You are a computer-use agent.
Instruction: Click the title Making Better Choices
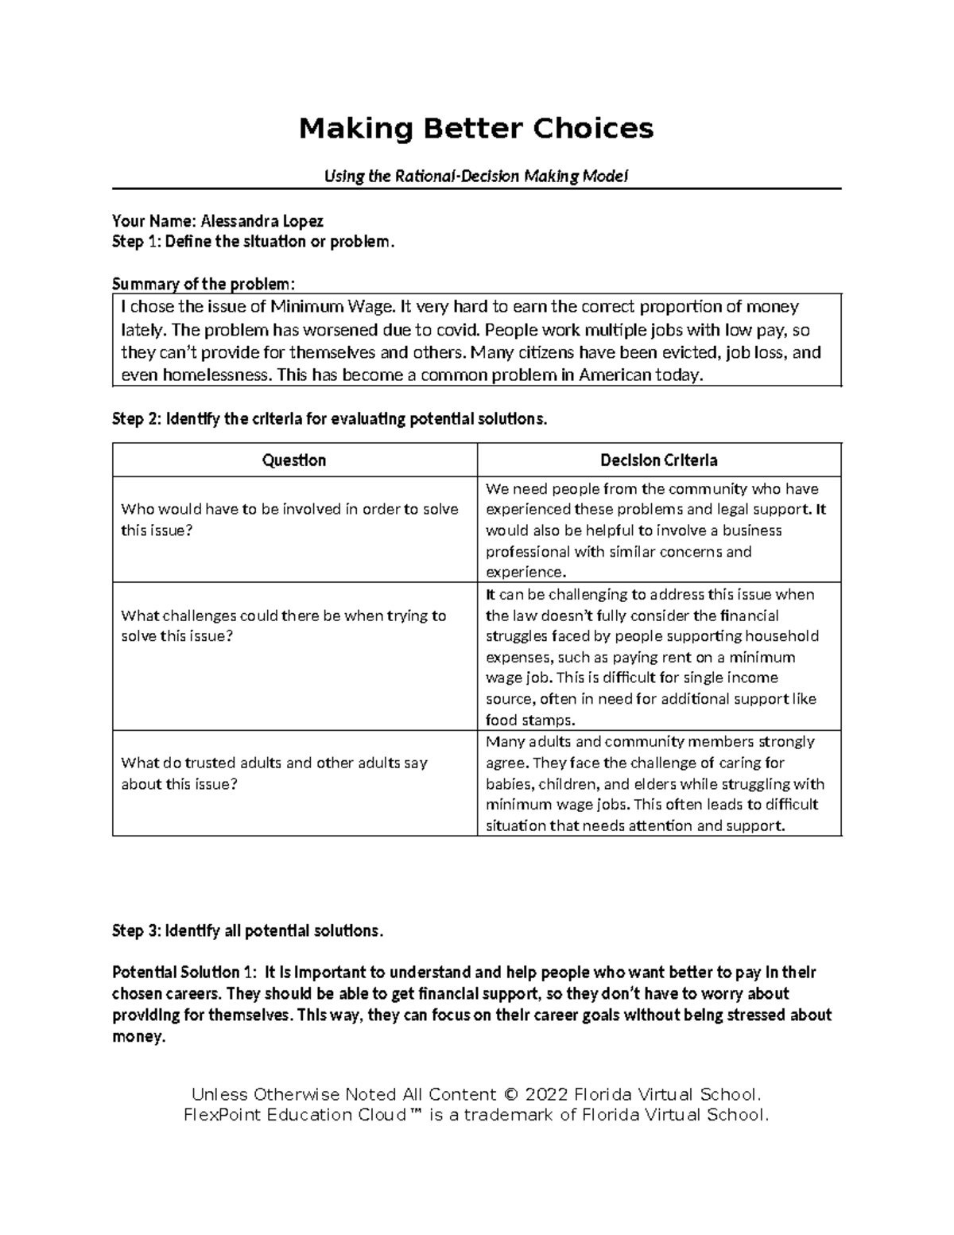click(x=475, y=128)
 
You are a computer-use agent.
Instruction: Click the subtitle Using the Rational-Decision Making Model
click(x=475, y=177)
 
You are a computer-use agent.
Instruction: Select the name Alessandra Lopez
click(x=262, y=221)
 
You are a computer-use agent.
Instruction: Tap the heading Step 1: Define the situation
click(x=253, y=242)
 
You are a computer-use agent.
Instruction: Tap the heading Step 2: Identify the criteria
click(x=329, y=419)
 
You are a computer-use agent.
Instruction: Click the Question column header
click(x=294, y=460)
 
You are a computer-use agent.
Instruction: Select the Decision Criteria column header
click(x=658, y=460)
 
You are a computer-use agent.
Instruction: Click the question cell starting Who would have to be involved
click(x=289, y=519)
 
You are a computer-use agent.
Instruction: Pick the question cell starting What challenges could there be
click(x=283, y=626)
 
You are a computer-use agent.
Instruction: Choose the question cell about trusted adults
click(x=274, y=773)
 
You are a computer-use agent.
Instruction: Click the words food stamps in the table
click(x=529, y=720)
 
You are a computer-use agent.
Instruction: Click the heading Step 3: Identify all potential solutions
click(x=247, y=931)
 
